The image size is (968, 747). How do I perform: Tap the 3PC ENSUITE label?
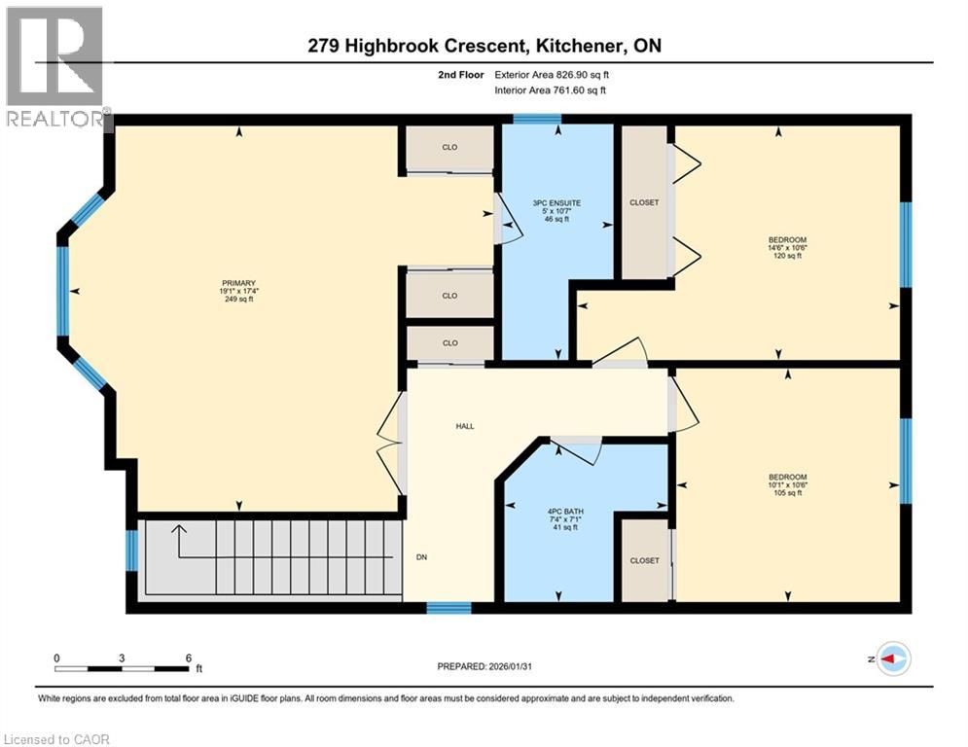coord(556,211)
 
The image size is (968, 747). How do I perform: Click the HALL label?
coord(465,426)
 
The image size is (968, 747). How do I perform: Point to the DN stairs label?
coord(422,557)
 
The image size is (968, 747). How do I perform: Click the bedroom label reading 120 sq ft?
coord(787,247)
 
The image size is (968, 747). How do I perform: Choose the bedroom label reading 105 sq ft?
coord(787,484)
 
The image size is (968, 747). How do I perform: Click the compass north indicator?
coord(892,659)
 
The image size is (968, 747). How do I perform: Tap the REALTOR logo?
coord(54,66)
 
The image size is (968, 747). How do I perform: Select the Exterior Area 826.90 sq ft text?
coord(553,74)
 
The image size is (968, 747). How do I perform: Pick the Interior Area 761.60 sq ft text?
coord(553,90)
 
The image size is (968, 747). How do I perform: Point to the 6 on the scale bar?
coord(188,658)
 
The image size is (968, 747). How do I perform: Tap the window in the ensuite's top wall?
coord(537,120)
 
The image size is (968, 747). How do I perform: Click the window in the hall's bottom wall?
coord(448,608)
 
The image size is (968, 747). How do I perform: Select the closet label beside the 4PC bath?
coord(644,560)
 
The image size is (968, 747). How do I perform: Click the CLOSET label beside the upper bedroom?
coord(644,202)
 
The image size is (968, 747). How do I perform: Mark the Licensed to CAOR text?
coord(58,739)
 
